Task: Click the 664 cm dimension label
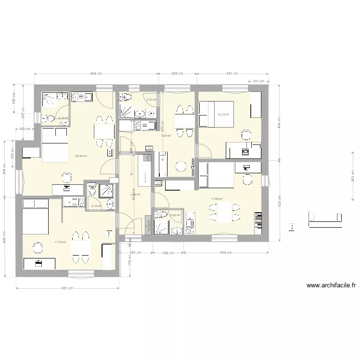coord(96,74)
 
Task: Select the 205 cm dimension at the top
coord(177,74)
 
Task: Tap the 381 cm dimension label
coord(232,74)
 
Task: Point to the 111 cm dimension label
coord(256,82)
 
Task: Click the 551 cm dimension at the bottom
coord(67,288)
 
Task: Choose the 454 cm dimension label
coord(226,252)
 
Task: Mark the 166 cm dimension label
coord(168,252)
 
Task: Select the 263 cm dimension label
coord(353,177)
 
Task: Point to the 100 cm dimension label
coord(25,129)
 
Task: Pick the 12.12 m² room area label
coord(223,115)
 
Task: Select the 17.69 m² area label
coord(218,198)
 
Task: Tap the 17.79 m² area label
coord(60,242)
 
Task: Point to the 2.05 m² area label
coord(175,215)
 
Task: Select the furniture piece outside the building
coord(325,220)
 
